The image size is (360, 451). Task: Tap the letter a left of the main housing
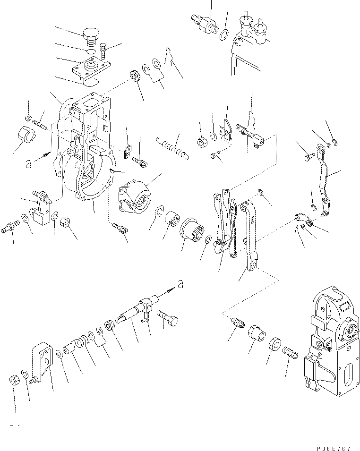[30, 163]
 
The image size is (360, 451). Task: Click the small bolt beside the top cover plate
[104, 49]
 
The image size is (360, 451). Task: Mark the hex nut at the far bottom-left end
[14, 379]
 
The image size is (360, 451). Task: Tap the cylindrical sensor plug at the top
[204, 23]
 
